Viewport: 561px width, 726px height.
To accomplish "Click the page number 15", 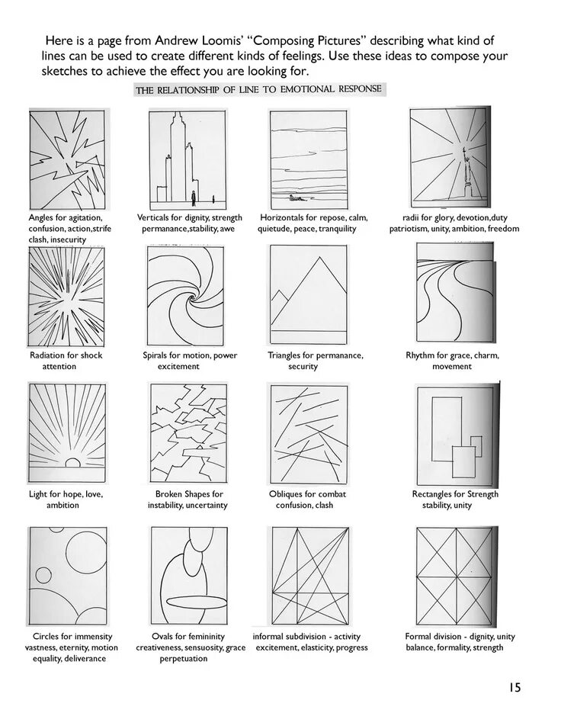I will click(x=515, y=687).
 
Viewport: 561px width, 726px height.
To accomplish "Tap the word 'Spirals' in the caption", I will click(x=158, y=355).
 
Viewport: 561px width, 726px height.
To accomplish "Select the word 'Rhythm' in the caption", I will click(x=421, y=355).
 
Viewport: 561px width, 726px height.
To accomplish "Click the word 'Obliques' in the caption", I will click(x=287, y=494).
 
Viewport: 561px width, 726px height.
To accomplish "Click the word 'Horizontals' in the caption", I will click(x=283, y=218).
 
